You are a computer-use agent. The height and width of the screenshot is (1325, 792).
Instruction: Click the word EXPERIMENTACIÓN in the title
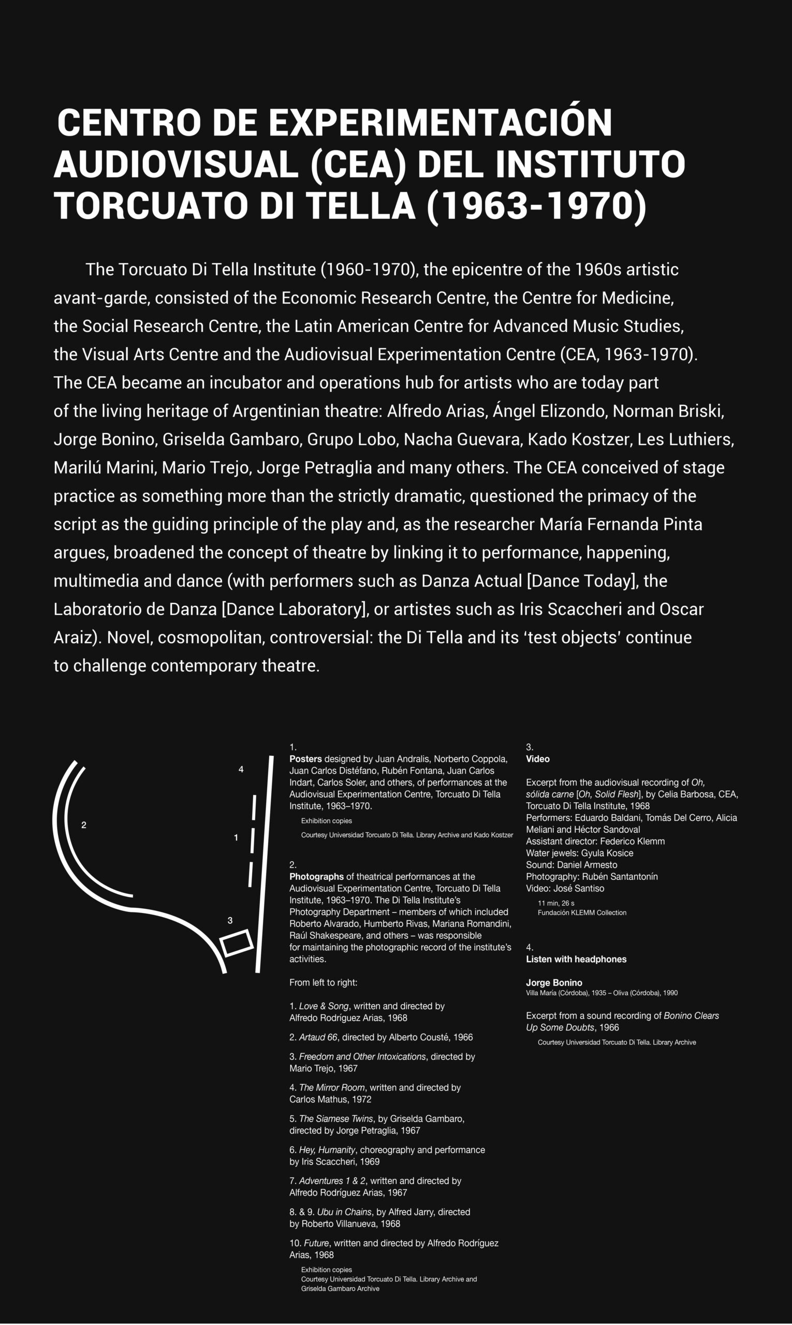(441, 122)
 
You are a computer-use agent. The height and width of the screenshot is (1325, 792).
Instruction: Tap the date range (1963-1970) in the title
(537, 206)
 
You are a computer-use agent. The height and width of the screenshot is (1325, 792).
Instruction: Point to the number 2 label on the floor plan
(84, 825)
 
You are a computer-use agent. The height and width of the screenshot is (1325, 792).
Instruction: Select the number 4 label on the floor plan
(241, 769)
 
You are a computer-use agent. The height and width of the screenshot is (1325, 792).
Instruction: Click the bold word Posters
(305, 759)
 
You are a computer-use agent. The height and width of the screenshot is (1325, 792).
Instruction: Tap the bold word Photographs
(316, 876)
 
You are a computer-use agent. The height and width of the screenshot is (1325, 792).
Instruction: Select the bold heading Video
(537, 759)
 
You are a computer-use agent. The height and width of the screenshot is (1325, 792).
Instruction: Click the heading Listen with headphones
(576, 959)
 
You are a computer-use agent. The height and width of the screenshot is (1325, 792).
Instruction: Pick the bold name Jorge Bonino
(554, 982)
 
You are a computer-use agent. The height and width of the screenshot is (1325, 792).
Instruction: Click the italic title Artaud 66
(318, 1037)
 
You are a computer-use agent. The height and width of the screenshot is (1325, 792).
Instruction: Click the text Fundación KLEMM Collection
(582, 912)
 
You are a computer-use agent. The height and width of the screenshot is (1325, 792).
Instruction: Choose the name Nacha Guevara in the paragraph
(463, 439)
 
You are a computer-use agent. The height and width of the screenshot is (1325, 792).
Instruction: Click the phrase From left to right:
(324, 982)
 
